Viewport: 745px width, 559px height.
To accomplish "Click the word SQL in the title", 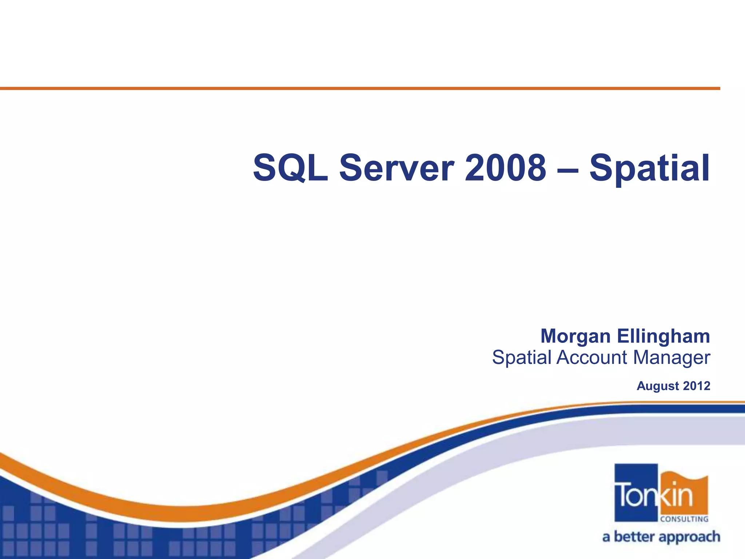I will pos(290,168).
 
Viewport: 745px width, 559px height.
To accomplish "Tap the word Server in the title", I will pos(397,168).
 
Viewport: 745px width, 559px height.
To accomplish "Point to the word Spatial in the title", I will pos(649,168).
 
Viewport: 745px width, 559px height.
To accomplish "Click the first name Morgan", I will pos(575,336).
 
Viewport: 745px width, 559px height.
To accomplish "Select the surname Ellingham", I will pos(664,336).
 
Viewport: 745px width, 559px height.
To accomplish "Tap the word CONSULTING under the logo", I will pos(684,519).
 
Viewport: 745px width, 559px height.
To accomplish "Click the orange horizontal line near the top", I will pos(360,88).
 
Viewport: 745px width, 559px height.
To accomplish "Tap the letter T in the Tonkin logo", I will pos(622,495).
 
